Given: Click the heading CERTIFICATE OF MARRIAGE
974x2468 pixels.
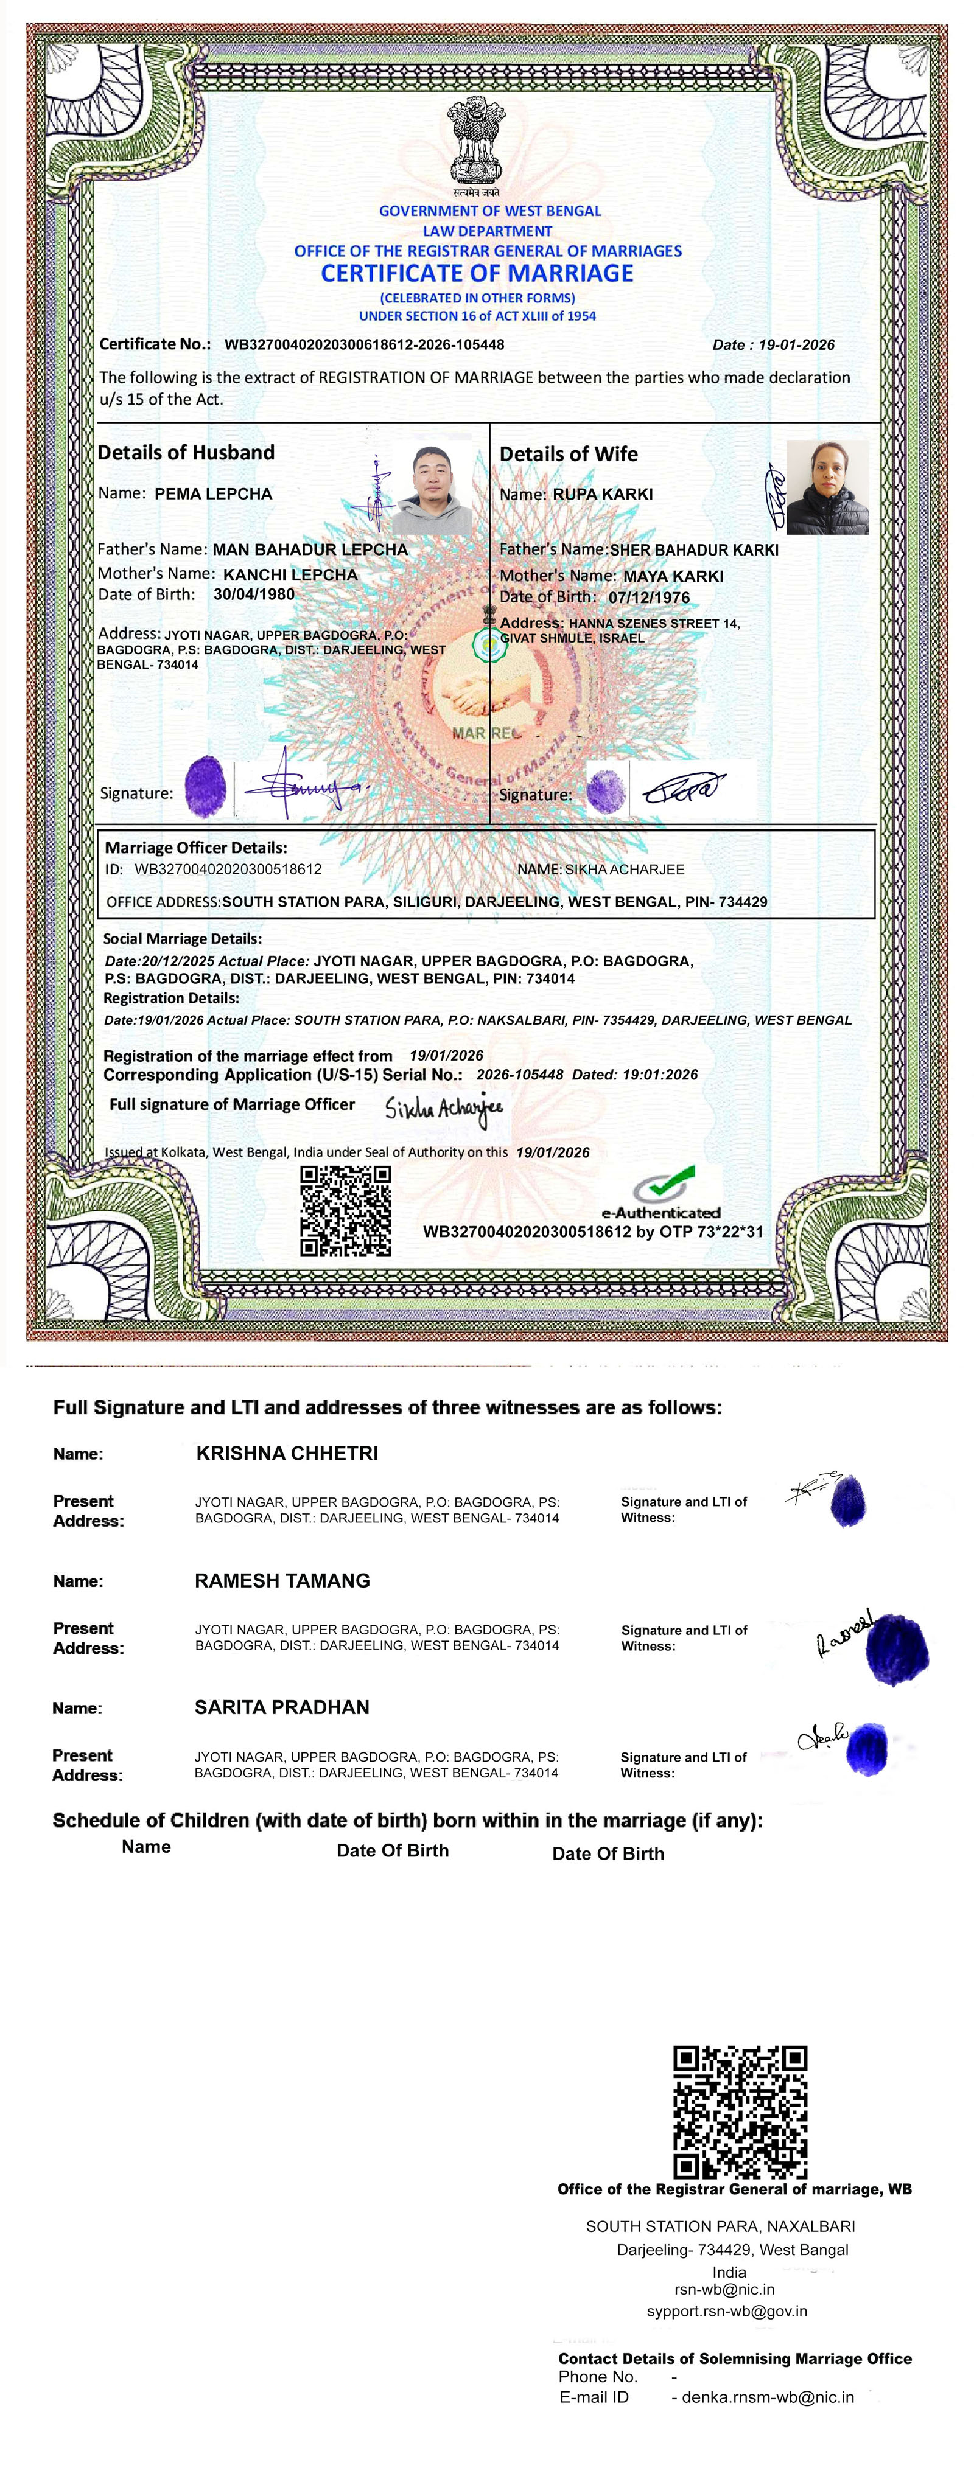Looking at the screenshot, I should (x=477, y=274).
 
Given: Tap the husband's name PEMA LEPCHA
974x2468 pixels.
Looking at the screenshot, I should (x=213, y=494).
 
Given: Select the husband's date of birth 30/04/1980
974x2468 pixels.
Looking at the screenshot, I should (x=254, y=594).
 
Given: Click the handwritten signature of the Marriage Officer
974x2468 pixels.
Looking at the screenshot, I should (x=444, y=1109).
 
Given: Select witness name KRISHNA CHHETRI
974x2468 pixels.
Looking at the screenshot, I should (x=287, y=1454).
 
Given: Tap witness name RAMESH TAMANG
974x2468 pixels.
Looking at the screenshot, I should (x=282, y=1581).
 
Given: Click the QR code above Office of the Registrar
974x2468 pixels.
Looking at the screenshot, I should (x=740, y=2111).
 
